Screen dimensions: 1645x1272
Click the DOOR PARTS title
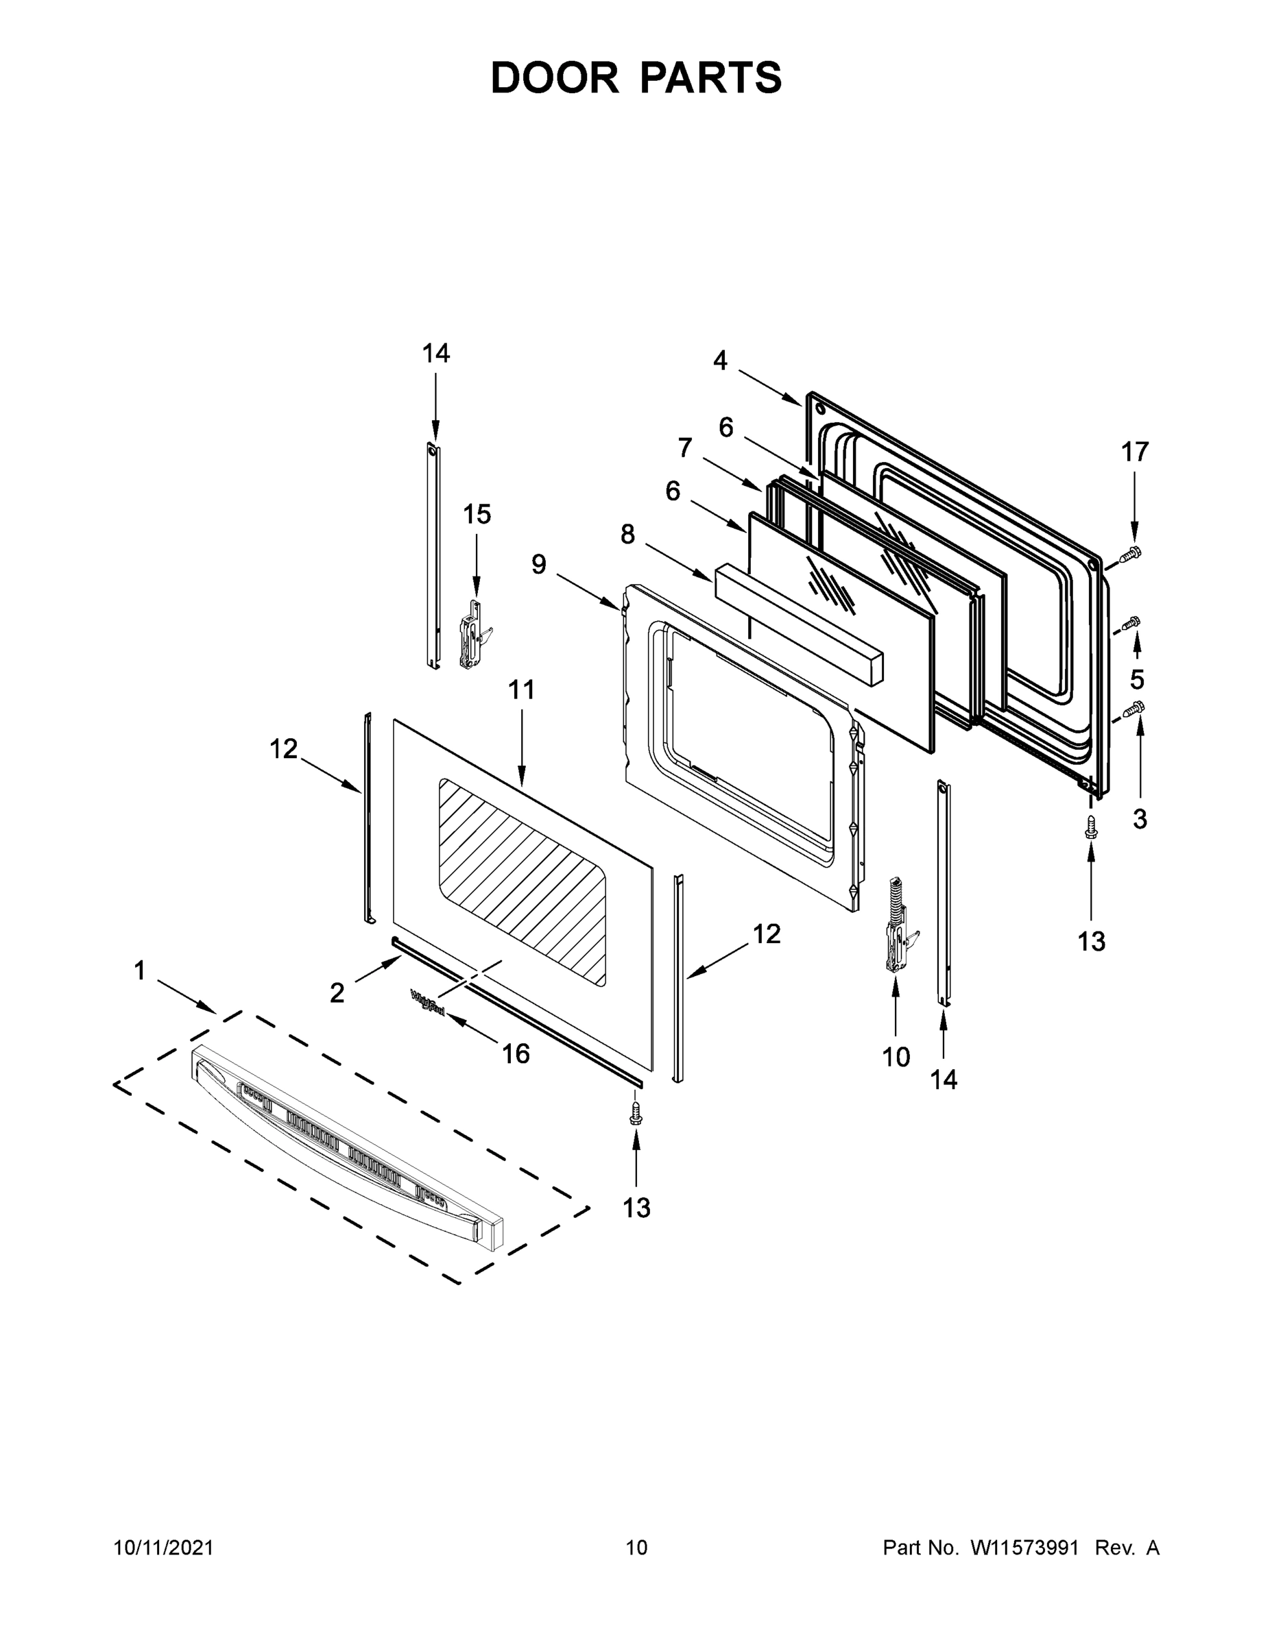(x=636, y=78)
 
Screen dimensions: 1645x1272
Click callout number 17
(x=1134, y=452)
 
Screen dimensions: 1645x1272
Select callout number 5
(x=1136, y=679)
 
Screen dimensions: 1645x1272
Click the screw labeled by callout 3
(x=1133, y=708)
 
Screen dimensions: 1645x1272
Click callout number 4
(x=721, y=361)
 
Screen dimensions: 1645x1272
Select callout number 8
(x=627, y=535)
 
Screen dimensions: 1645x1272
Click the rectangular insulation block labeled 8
(x=799, y=625)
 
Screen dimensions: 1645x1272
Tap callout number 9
(x=538, y=564)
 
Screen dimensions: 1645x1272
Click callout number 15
(x=477, y=515)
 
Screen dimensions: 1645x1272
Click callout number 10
(x=896, y=1058)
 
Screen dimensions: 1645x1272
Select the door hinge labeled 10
(x=897, y=927)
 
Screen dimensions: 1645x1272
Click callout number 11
(x=520, y=689)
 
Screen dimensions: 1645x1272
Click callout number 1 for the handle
(x=139, y=971)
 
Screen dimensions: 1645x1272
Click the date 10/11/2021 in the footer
(x=163, y=1547)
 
